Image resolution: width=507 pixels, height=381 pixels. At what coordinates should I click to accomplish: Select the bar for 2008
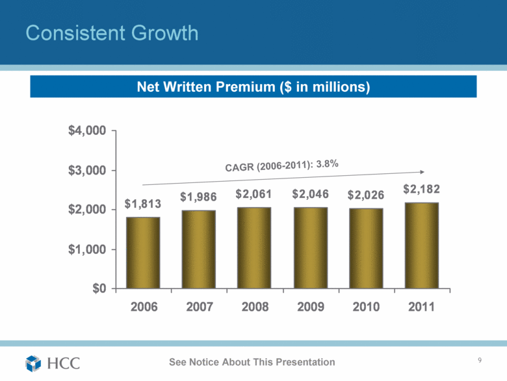[x=254, y=247]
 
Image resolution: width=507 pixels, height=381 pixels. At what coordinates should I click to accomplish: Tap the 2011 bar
[x=421, y=245]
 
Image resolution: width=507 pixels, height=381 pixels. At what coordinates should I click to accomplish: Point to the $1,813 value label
[x=143, y=204]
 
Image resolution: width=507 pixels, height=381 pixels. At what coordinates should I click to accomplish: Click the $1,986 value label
[x=199, y=196]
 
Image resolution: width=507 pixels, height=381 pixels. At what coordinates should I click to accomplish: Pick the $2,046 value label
[x=310, y=194]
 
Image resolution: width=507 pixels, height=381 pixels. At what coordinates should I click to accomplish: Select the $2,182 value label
[x=421, y=190]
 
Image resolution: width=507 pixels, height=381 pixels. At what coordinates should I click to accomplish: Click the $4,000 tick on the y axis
[x=88, y=131]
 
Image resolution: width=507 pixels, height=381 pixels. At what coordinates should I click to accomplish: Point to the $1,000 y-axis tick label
[x=88, y=249]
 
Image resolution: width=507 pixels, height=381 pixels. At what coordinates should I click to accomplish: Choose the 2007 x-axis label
[x=199, y=307]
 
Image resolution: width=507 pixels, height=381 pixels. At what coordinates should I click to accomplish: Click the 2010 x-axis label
[x=365, y=307]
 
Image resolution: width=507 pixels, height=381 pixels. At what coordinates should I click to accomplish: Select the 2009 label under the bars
[x=310, y=307]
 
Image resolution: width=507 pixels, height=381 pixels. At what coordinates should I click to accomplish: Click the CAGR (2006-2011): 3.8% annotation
[x=281, y=166]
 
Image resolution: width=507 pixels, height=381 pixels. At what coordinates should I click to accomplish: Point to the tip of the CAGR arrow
[x=424, y=172]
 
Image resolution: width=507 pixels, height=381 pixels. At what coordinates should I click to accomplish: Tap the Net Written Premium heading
[x=253, y=87]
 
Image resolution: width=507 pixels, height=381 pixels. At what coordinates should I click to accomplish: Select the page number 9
[x=479, y=361]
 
